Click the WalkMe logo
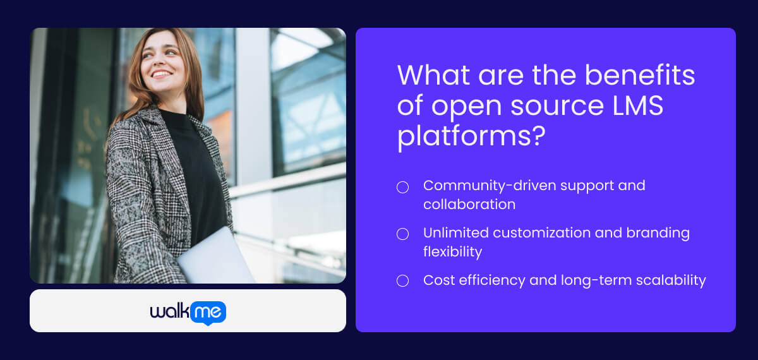(188, 312)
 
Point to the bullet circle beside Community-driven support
(402, 187)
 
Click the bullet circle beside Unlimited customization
(402, 234)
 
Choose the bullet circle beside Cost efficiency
(402, 281)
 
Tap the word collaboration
(469, 205)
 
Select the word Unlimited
(455, 233)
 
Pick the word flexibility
(452, 252)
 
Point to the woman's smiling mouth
(162, 74)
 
